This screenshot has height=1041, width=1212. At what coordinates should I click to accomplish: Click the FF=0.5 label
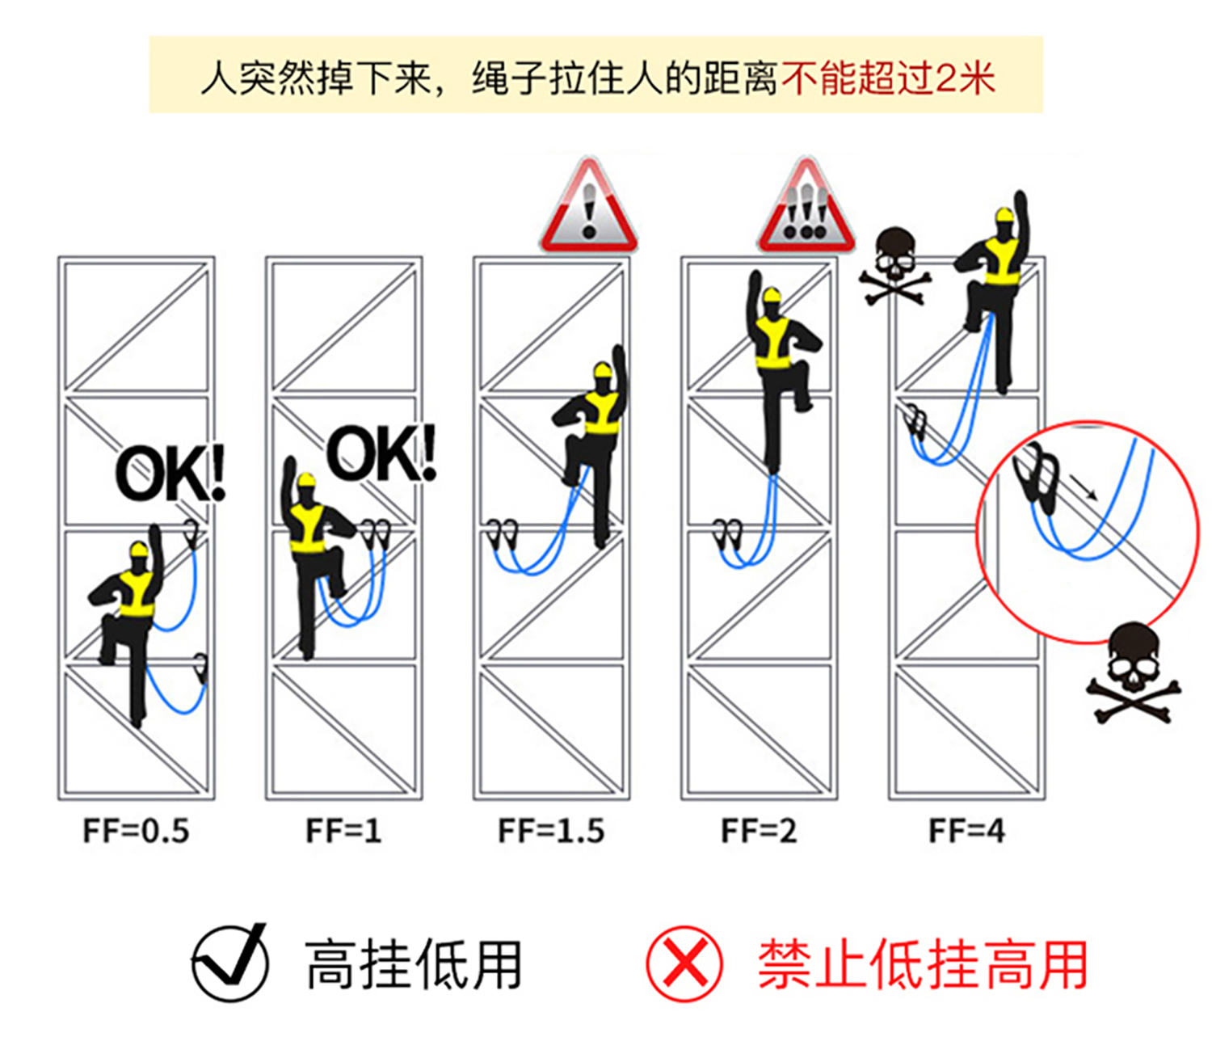[136, 831]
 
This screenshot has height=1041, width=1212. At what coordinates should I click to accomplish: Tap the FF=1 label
[343, 831]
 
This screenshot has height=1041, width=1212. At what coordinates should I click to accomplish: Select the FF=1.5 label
[551, 831]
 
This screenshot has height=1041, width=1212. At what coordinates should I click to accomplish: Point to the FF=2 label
[759, 831]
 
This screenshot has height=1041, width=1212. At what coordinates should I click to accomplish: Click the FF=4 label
[966, 831]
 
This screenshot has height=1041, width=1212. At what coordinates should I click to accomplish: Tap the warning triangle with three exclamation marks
[806, 209]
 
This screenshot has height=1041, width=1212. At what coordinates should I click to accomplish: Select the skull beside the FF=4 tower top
[894, 263]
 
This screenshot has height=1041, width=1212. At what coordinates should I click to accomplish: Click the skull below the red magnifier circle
[1133, 671]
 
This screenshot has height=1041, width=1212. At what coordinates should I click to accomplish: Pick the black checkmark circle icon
[230, 963]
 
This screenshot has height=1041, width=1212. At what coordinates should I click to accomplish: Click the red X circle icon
[684, 963]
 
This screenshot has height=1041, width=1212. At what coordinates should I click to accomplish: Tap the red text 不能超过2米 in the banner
[887, 78]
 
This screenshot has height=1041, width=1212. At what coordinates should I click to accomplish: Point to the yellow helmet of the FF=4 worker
[1004, 215]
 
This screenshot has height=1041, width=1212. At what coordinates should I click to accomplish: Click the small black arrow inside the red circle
[1084, 487]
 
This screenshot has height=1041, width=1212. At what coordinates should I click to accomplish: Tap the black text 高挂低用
[413, 964]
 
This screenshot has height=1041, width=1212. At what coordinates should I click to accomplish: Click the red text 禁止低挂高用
[922, 964]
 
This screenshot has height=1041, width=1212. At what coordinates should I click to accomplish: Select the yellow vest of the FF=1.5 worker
[602, 412]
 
